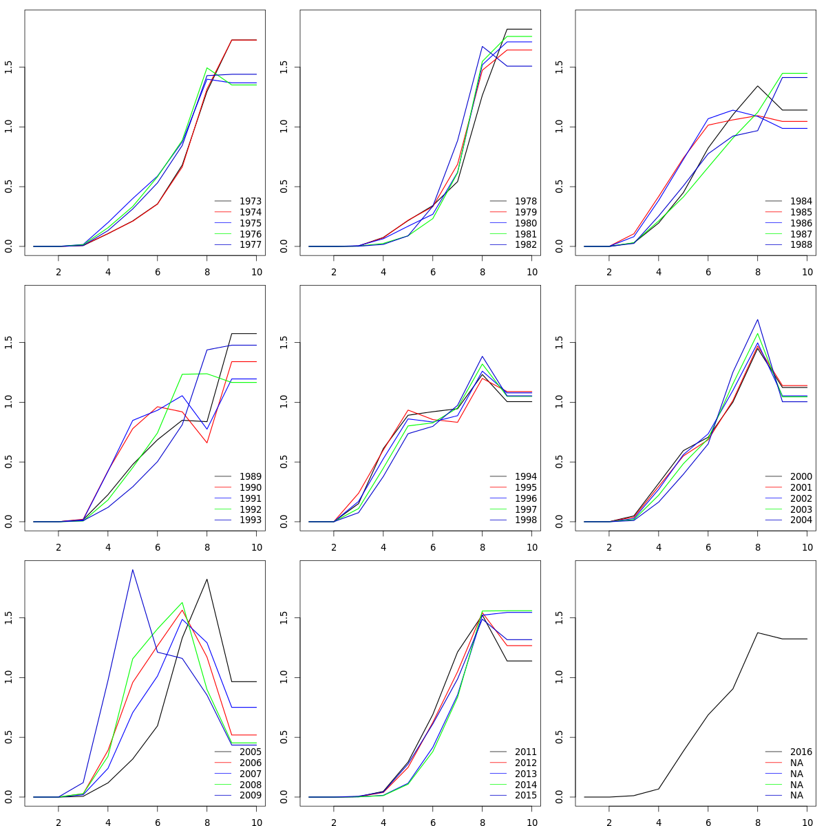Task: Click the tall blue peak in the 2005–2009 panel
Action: point(132,569)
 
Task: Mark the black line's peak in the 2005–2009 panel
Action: point(206,579)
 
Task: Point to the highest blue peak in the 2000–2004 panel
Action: point(757,319)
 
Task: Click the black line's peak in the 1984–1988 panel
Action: point(757,86)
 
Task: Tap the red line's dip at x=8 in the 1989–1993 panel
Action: point(206,443)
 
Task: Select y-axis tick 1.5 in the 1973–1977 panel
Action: point(8,67)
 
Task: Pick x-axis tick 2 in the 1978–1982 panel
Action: point(334,272)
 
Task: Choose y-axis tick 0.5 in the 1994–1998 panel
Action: point(284,462)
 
